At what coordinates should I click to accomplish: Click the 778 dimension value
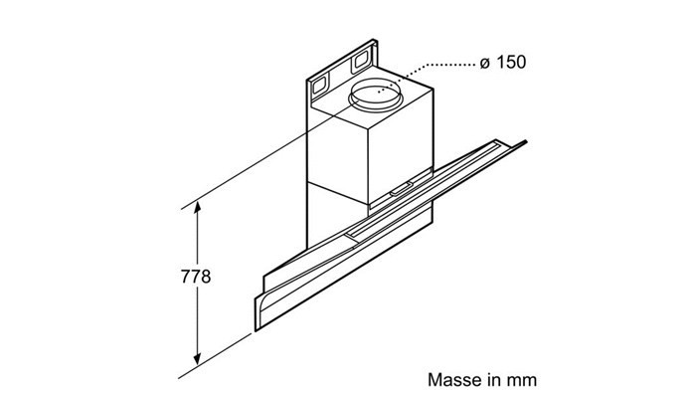coord(196,277)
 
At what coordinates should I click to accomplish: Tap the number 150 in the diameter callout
coord(511,62)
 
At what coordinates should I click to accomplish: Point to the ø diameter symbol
coord(485,63)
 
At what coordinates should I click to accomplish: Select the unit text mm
coord(522,381)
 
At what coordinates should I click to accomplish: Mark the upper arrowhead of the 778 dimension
coord(197,207)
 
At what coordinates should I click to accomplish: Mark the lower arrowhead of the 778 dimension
coord(197,359)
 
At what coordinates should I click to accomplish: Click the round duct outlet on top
coord(376,96)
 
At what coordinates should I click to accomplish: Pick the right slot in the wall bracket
coord(360,62)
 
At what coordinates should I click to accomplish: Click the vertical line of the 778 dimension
coord(197,283)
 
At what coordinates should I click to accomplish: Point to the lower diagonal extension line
coord(216,356)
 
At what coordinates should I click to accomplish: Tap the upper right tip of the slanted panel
coord(526,142)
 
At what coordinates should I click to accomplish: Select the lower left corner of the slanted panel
coord(257,330)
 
